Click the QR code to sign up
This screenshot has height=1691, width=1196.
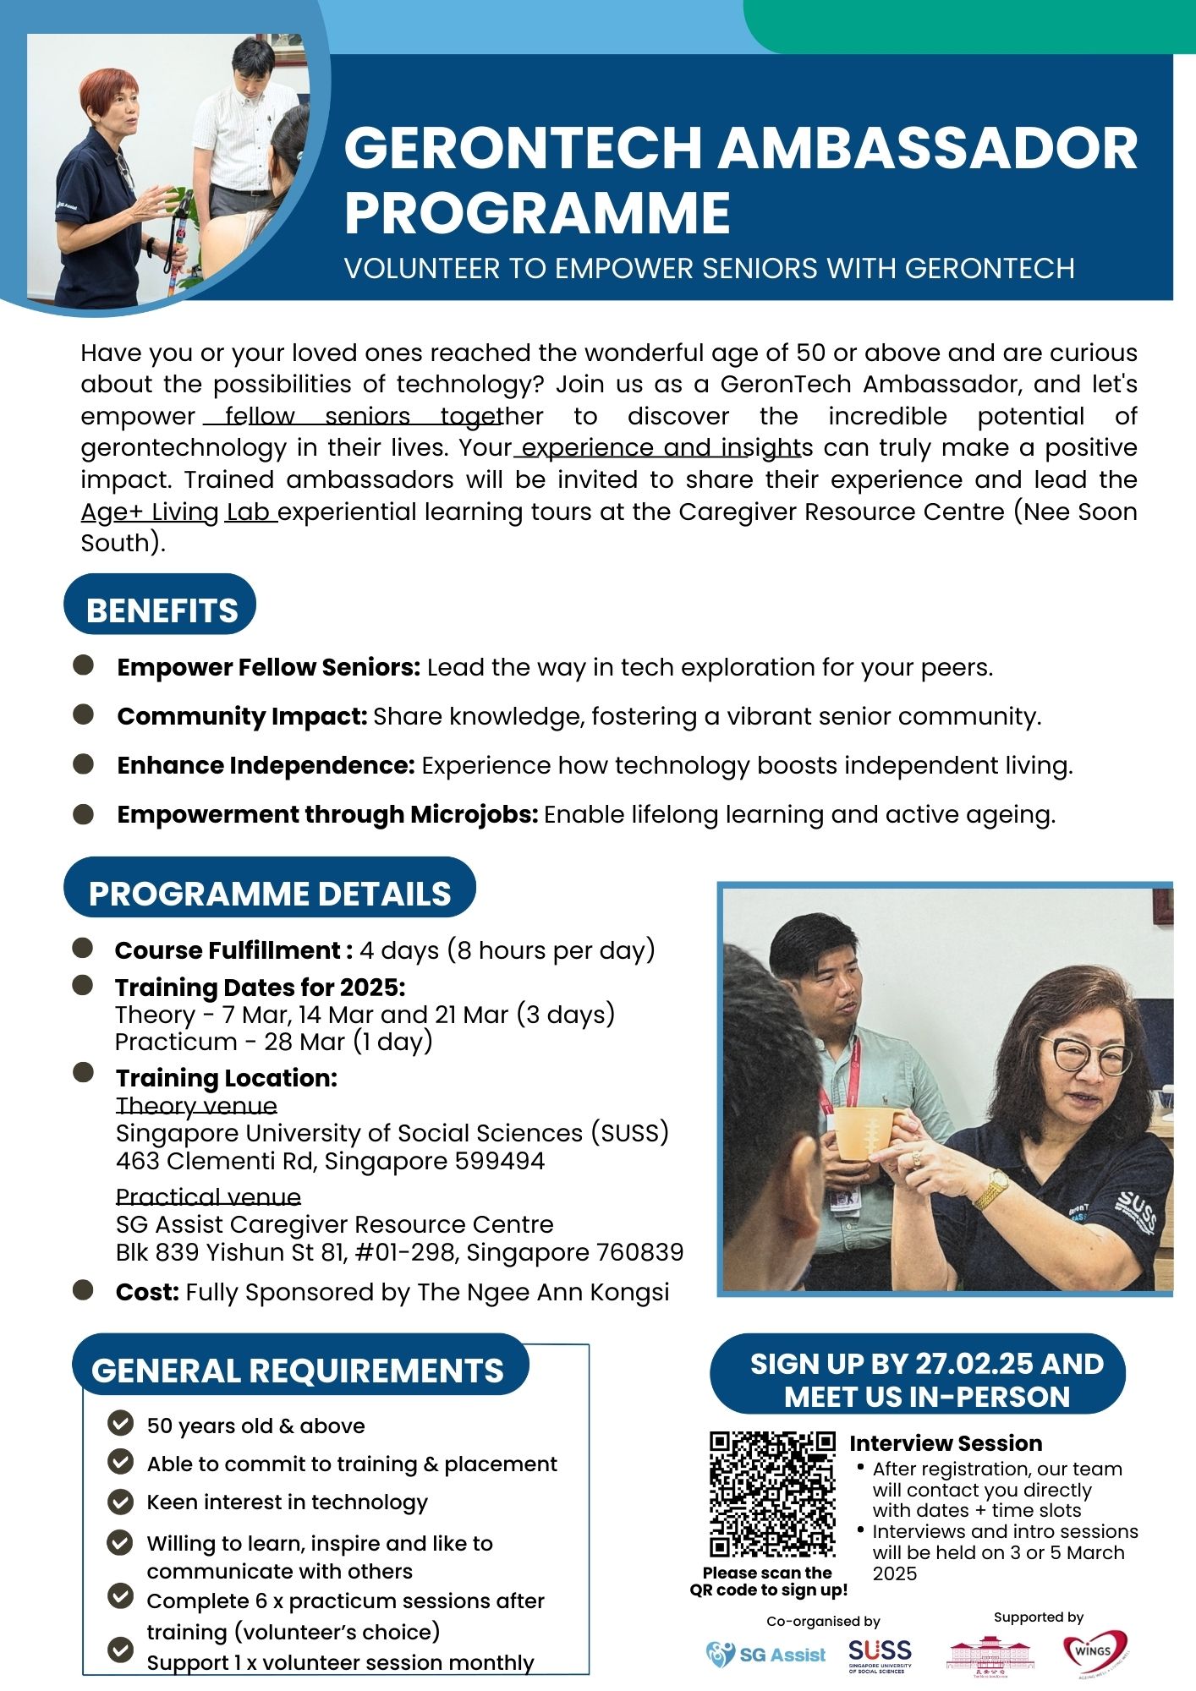771,1495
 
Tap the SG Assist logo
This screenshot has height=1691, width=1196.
766,1655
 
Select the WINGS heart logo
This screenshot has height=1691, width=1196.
1095,1651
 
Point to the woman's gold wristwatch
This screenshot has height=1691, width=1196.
990,1190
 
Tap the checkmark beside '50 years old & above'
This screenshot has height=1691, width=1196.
121,1425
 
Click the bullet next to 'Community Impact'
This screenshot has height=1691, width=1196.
83,715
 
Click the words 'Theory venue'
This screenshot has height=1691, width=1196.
196,1106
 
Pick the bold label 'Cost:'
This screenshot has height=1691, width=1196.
147,1293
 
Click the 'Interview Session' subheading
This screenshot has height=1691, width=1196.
946,1443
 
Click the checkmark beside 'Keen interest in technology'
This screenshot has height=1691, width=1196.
121,1502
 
